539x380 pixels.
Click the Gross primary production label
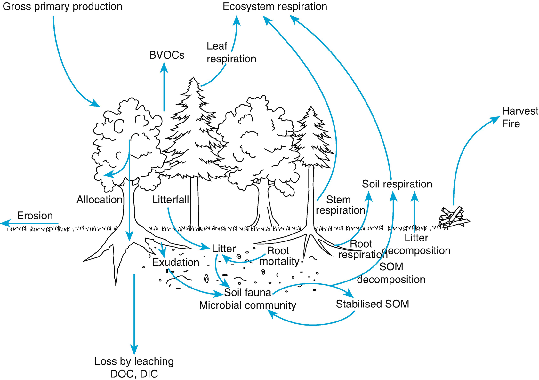62,7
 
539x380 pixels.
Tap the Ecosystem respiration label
275,7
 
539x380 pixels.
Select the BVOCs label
166,55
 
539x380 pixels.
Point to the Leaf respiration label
231,52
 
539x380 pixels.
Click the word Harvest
520,111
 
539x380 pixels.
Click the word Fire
511,124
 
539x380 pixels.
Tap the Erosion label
35,216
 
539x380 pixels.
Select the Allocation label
99,200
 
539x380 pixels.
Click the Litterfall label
170,200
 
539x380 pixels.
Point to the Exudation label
175,262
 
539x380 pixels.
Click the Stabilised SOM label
372,304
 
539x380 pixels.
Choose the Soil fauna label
247,292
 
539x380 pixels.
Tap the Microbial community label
247,305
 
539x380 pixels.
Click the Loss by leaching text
134,361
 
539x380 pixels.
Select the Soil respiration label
397,184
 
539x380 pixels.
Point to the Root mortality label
279,256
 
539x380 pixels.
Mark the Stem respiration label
340,205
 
